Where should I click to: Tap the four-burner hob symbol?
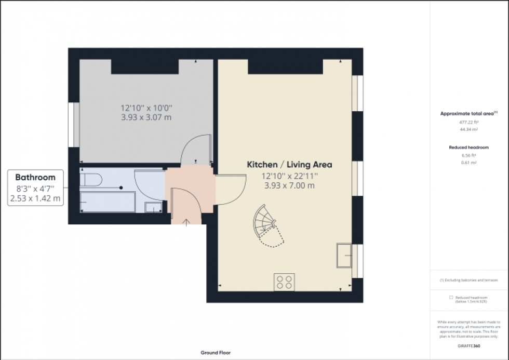[x=284, y=282]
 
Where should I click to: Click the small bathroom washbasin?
[x=153, y=208]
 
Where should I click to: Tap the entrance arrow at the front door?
[x=186, y=221]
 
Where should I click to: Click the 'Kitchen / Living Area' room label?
[x=289, y=165]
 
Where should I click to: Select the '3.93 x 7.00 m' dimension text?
[x=289, y=185]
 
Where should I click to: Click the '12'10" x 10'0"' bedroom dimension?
[x=146, y=108]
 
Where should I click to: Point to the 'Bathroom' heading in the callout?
[x=35, y=178]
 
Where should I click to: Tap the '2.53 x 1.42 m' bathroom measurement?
[x=35, y=198]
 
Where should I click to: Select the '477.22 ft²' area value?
[x=468, y=122]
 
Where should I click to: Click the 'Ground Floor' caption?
[x=216, y=353]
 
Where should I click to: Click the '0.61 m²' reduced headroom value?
[x=468, y=163]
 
